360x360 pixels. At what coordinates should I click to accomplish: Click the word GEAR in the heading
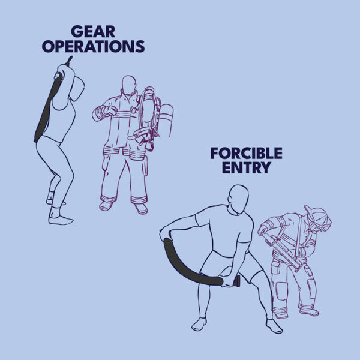93,32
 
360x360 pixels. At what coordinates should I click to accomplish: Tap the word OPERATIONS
93,46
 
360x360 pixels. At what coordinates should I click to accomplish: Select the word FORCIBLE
247,154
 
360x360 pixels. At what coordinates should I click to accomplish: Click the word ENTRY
247,168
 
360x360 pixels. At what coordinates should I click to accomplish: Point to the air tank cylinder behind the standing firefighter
166,119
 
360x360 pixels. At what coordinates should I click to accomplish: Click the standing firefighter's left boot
141,208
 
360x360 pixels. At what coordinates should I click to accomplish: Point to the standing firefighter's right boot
106,206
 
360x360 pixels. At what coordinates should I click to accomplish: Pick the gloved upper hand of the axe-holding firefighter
263,230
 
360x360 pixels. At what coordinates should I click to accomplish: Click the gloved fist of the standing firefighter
112,110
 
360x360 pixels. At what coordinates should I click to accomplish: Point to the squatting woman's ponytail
77,88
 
